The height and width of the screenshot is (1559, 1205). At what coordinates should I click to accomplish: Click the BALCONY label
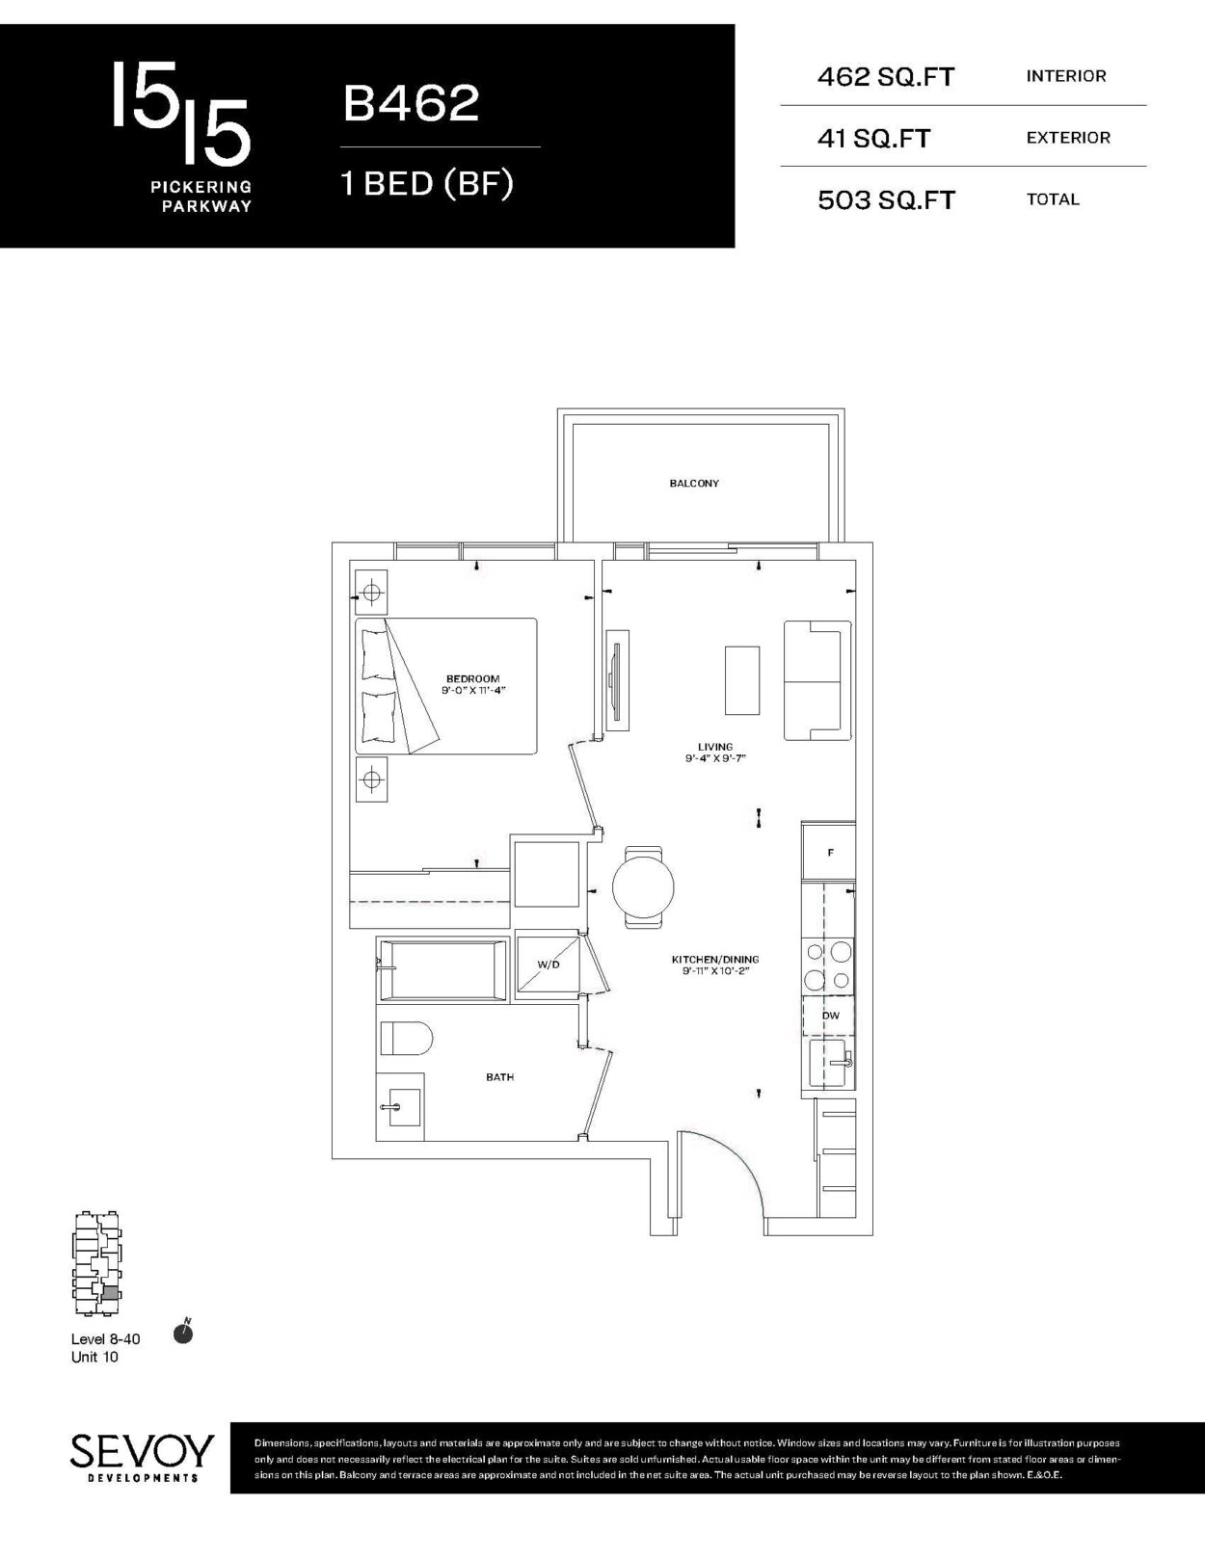tap(694, 484)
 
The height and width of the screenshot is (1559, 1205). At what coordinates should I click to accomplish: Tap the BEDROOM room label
tap(473, 678)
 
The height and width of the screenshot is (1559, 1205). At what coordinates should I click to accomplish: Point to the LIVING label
tap(715, 747)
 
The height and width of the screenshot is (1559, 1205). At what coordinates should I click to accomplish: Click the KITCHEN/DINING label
tap(715, 960)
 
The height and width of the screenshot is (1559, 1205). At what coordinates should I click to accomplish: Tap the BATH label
tap(499, 1077)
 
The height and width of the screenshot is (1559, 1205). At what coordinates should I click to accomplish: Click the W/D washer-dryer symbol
tap(549, 964)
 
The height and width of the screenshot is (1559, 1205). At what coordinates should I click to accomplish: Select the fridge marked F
tap(829, 852)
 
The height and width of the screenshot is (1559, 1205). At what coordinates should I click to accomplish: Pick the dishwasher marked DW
tap(830, 1016)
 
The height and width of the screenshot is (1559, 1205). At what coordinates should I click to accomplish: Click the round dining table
tap(643, 886)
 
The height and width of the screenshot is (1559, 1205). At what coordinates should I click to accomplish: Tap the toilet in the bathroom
tap(406, 1038)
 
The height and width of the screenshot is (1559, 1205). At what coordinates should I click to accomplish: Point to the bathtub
tap(442, 969)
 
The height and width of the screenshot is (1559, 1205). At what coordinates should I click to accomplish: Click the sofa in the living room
tap(817, 680)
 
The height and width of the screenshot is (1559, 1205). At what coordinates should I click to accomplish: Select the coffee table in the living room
tap(742, 680)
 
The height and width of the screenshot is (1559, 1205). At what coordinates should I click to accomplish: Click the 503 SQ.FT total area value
tap(886, 200)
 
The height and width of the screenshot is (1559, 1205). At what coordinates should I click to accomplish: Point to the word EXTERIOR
tap(1068, 138)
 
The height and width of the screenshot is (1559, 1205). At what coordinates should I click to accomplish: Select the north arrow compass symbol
tap(184, 1333)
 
